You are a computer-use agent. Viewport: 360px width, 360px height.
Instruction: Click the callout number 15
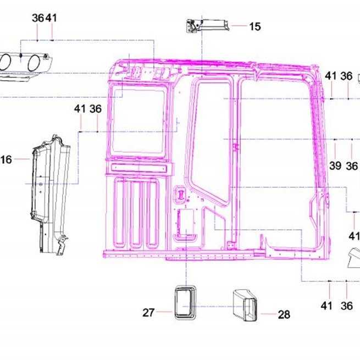[255, 26]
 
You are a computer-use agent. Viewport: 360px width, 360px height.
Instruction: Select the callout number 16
[6, 159]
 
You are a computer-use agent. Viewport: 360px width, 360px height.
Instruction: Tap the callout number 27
[148, 313]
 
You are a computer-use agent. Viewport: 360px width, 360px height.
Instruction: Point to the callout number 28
[284, 314]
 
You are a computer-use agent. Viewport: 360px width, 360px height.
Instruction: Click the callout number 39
[335, 165]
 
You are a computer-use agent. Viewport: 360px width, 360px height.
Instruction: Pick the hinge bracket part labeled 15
[208, 26]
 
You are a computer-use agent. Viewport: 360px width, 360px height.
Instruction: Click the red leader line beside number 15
[239, 26]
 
